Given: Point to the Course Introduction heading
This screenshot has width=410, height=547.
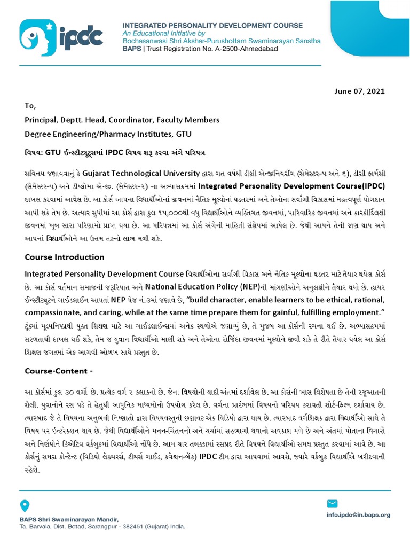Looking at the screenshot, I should click(65, 257).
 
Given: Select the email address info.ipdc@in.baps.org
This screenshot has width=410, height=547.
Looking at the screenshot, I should click(358, 515).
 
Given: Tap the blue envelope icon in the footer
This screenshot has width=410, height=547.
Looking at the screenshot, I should click(332, 503).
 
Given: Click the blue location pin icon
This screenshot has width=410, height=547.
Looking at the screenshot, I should click(25, 505).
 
